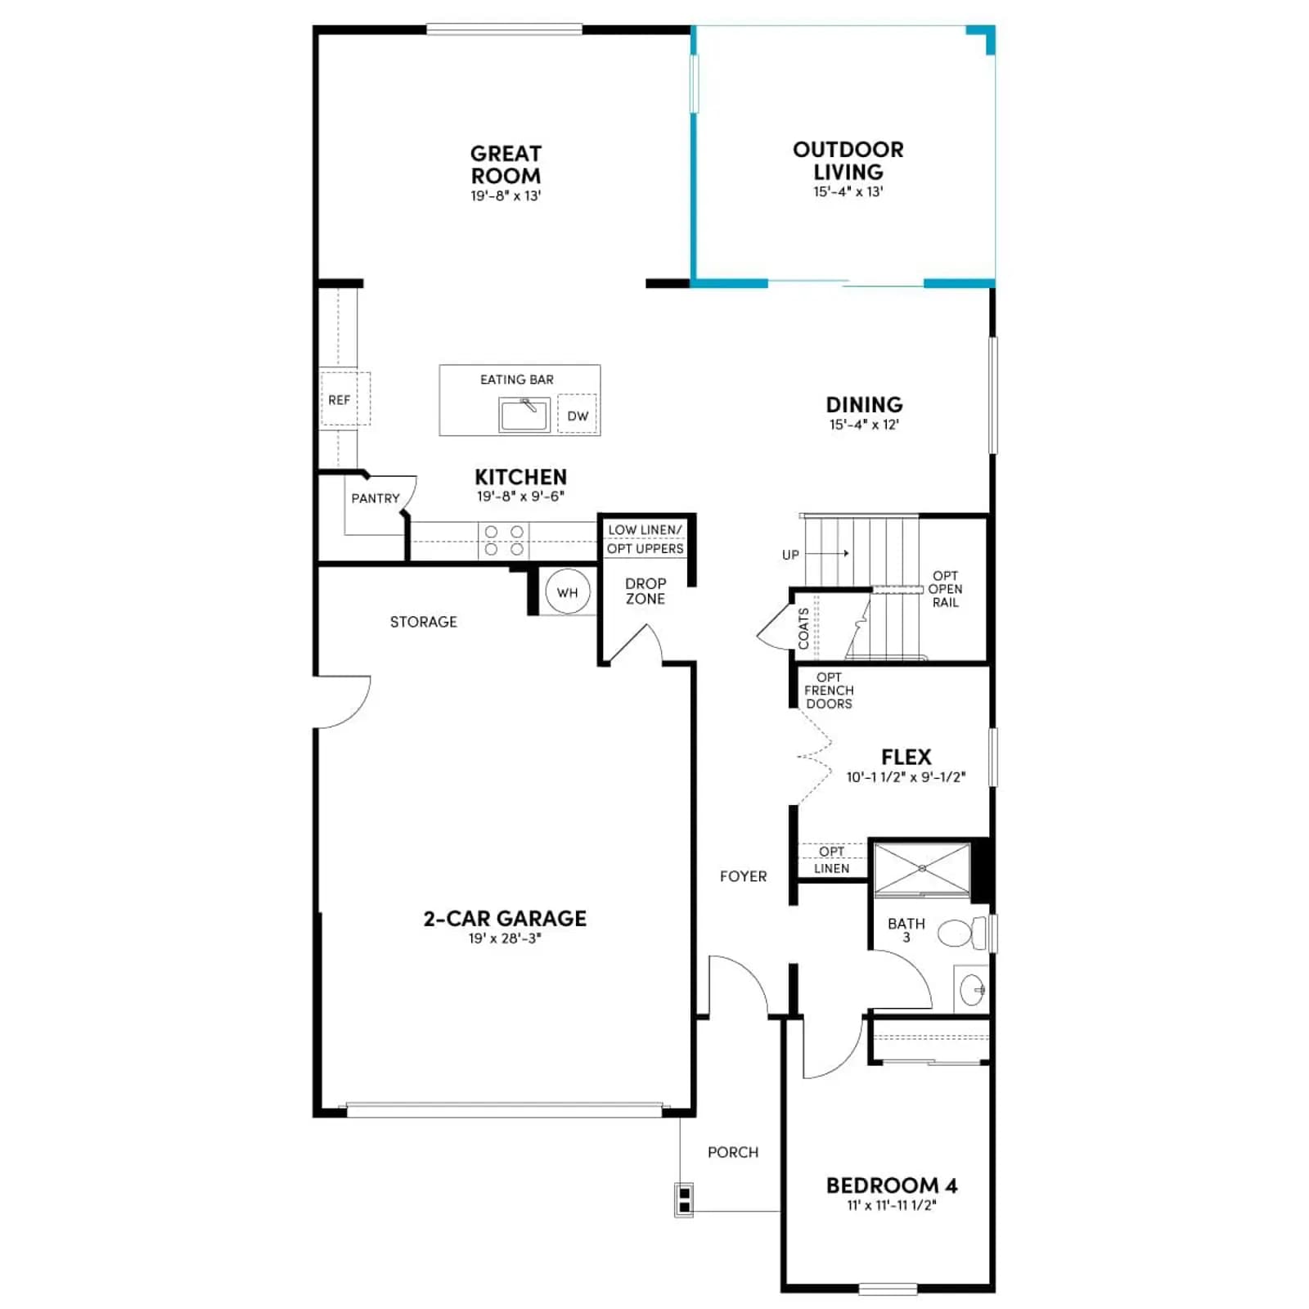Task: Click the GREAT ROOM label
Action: tap(506, 164)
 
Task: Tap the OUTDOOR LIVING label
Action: tap(848, 160)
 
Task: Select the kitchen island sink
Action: tap(524, 415)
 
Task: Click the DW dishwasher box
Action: tap(578, 415)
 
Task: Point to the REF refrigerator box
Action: tap(344, 399)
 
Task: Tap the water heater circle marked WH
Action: tap(567, 592)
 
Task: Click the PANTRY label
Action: tap(376, 498)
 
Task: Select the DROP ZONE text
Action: tap(646, 591)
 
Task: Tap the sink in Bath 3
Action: tap(973, 990)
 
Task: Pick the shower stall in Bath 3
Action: tap(922, 870)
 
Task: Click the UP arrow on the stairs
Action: tap(828, 554)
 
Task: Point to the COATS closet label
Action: tap(803, 628)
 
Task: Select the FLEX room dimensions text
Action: tap(906, 777)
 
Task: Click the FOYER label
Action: tap(743, 876)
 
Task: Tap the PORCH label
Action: tap(733, 1152)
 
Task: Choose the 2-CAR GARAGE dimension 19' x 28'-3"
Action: tap(505, 938)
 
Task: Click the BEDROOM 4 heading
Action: tap(892, 1185)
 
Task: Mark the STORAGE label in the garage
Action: tap(424, 622)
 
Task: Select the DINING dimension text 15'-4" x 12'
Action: tap(864, 425)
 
